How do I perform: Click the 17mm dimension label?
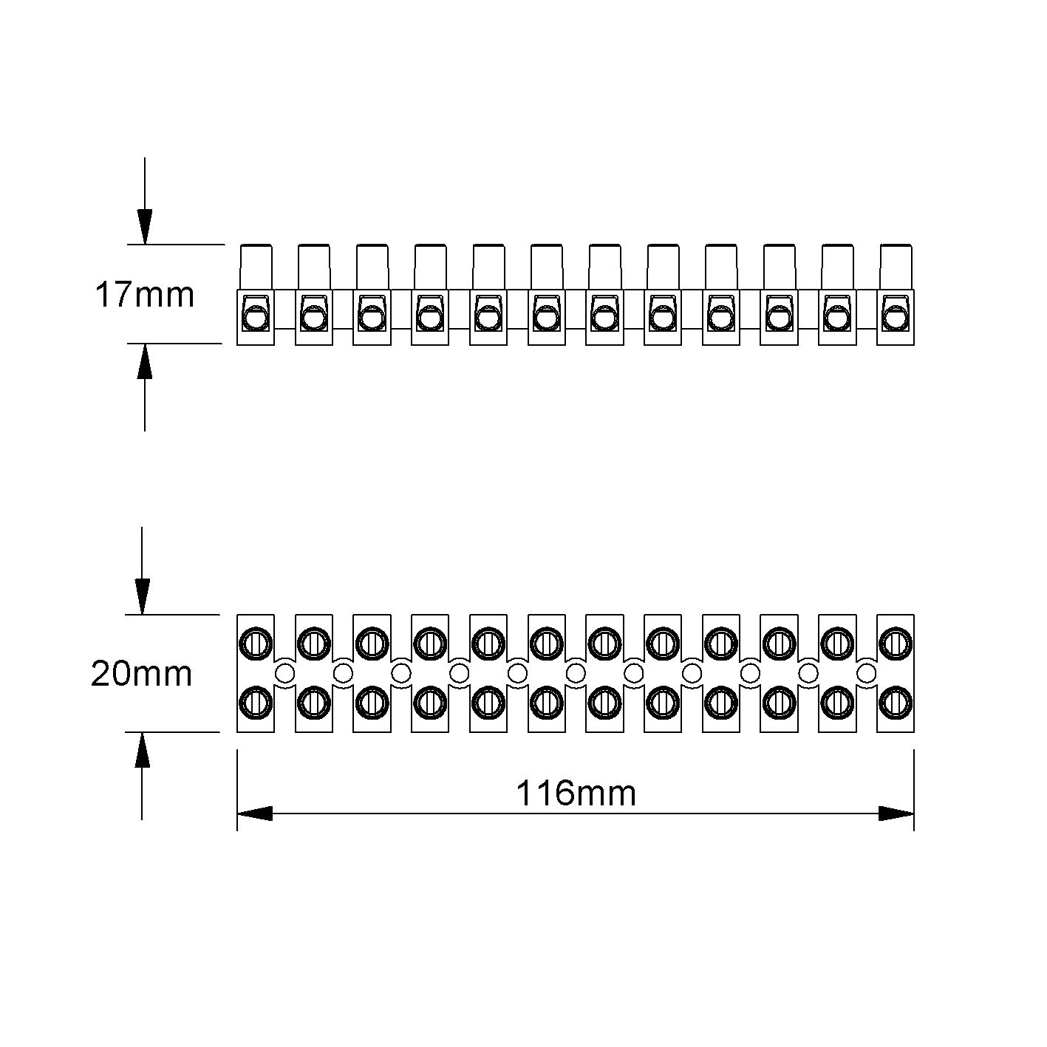coord(145,296)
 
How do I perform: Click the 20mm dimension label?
coord(142,675)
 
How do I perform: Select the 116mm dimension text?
coord(576,794)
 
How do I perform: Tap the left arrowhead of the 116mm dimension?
coord(254,814)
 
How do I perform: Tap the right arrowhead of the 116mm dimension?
coord(896,814)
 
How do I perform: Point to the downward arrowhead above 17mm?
coord(145,227)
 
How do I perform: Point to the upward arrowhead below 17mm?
coord(145,361)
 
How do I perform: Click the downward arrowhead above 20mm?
coord(143,597)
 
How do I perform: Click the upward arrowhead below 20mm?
coord(143,750)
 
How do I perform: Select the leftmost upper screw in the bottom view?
coord(256,644)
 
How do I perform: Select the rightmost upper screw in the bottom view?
coord(896,644)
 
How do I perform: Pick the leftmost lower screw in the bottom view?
coord(256,703)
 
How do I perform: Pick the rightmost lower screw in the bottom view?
coord(896,703)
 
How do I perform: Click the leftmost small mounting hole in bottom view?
coord(284,674)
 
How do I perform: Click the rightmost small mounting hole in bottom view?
coord(867,674)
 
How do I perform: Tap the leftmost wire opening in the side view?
coord(256,318)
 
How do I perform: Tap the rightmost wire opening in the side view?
coord(896,318)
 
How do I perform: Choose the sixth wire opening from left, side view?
coord(547,318)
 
